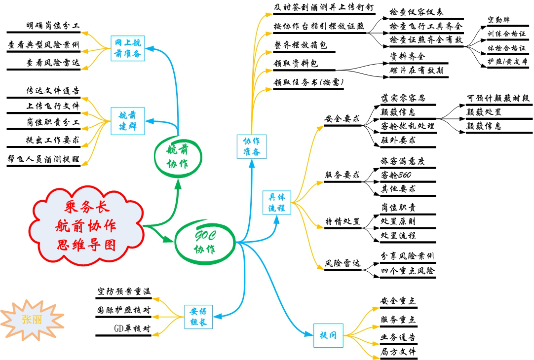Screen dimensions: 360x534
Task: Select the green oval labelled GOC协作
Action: click(x=204, y=241)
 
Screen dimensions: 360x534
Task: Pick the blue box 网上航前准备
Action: click(x=128, y=48)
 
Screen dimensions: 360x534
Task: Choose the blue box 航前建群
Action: click(x=128, y=121)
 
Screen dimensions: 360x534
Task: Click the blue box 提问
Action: click(x=328, y=336)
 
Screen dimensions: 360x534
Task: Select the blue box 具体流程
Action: click(x=277, y=202)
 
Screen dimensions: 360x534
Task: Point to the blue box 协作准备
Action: click(x=252, y=146)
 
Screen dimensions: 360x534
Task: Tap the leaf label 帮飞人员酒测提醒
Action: click(x=43, y=159)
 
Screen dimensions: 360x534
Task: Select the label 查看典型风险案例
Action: click(x=43, y=45)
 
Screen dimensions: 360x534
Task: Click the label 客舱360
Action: click(x=396, y=175)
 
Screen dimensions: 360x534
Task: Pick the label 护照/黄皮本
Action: click(x=507, y=62)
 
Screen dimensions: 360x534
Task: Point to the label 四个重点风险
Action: click(x=408, y=271)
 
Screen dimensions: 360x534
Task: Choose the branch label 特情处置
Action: click(x=342, y=221)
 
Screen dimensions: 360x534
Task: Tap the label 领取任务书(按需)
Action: click(x=308, y=82)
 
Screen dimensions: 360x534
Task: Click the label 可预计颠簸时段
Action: click(x=498, y=98)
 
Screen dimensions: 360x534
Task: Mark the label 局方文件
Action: click(x=398, y=352)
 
